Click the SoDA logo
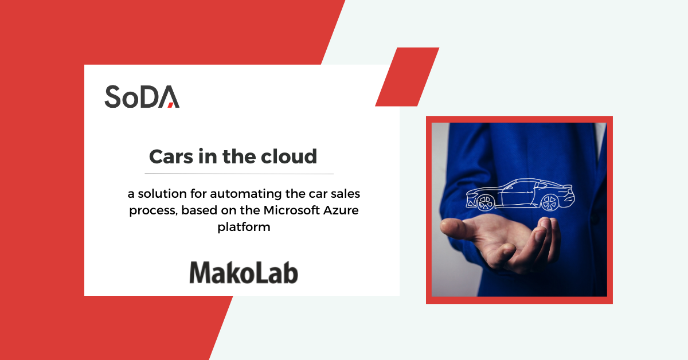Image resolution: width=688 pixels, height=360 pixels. pos(142,96)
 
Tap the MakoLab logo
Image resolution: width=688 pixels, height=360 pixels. pos(244,272)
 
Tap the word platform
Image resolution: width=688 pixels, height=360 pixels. pos(244,227)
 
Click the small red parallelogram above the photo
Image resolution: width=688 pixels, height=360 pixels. pos(407,77)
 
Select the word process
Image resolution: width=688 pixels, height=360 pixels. pos(152,210)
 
